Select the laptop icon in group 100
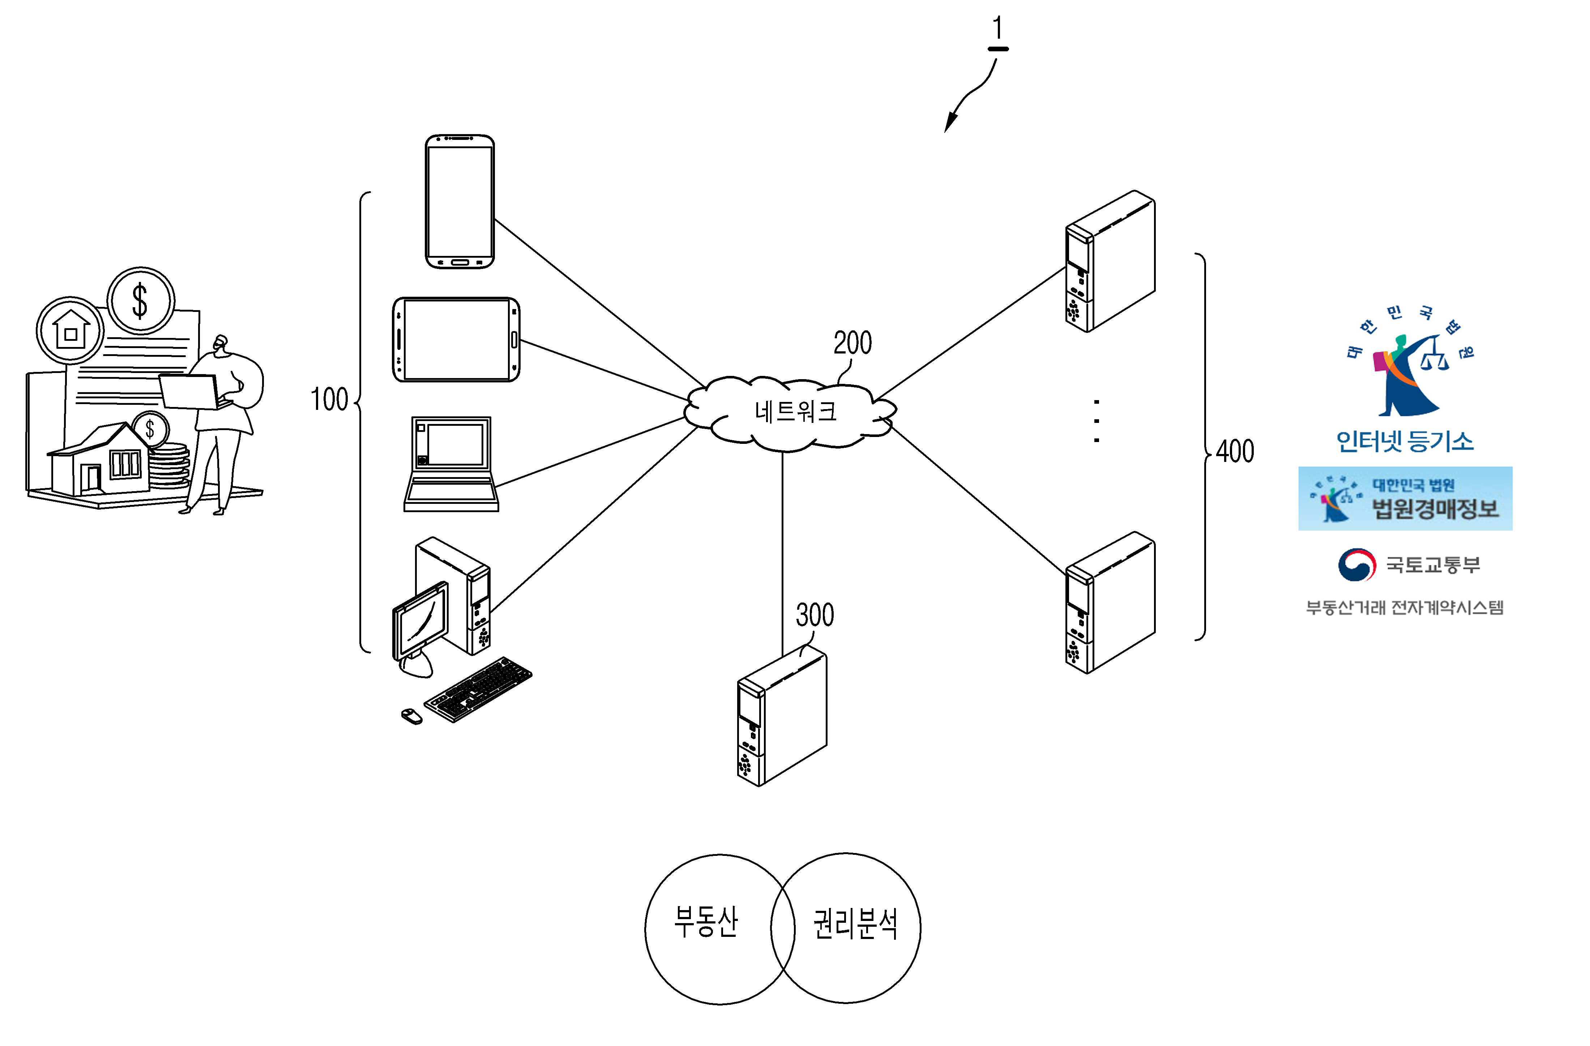click(x=451, y=464)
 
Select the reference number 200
click(x=852, y=343)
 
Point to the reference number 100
click(x=329, y=399)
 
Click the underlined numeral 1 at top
click(x=997, y=30)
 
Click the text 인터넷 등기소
click(x=1405, y=442)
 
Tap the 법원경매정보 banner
click(x=1405, y=498)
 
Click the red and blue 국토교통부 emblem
click(x=1356, y=565)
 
